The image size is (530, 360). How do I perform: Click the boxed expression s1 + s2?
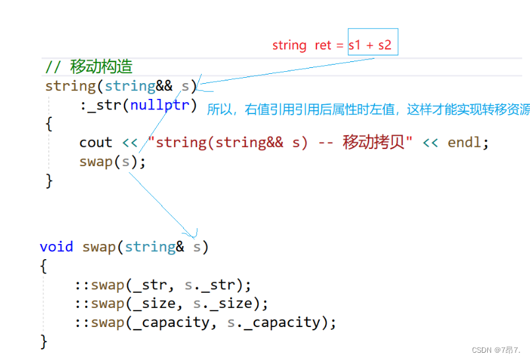click(372, 45)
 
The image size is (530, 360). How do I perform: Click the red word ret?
click(324, 45)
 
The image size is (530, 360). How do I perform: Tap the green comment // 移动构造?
click(89, 67)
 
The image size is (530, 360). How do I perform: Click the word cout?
click(96, 142)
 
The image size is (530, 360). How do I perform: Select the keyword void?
click(56, 247)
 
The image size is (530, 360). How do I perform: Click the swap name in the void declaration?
click(99, 247)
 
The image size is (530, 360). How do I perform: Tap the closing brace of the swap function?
click(44, 342)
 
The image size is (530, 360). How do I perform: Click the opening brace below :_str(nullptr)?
click(49, 123)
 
